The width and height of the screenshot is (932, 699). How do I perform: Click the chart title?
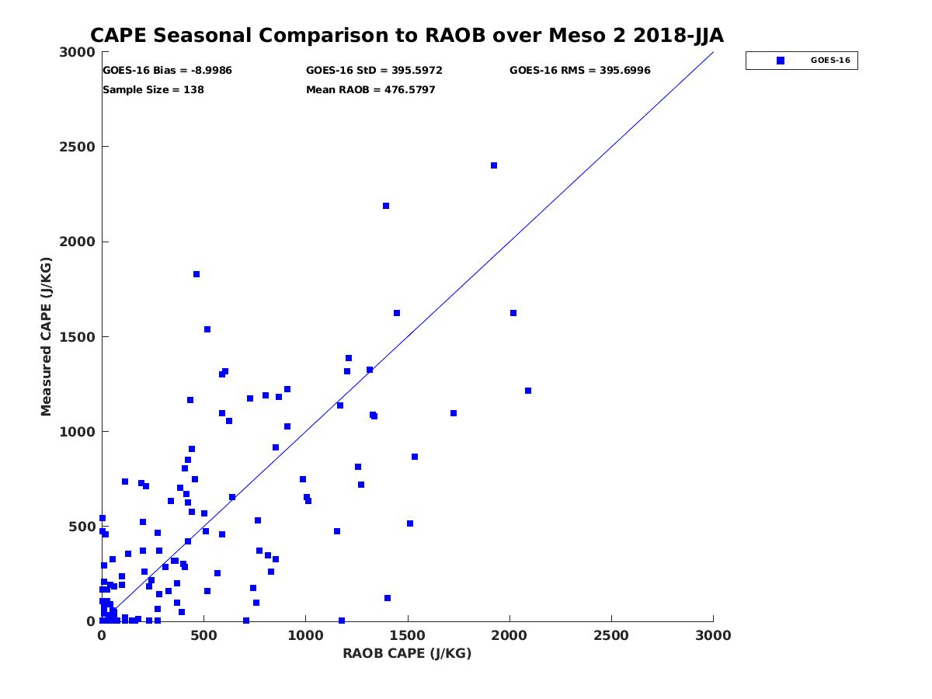pyautogui.click(x=407, y=36)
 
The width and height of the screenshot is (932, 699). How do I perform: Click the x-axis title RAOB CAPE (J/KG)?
pyautogui.click(x=407, y=653)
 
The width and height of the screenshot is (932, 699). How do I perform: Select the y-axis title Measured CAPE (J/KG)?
pyautogui.click(x=47, y=337)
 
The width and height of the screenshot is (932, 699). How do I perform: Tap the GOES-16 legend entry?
pyautogui.click(x=802, y=61)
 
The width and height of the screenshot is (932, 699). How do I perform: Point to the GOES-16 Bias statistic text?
pyautogui.click(x=167, y=71)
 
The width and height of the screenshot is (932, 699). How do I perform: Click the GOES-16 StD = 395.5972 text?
pyautogui.click(x=374, y=71)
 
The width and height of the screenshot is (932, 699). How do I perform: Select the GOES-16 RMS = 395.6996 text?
pyautogui.click(x=579, y=71)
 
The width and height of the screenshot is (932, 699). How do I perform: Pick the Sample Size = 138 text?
pyautogui.click(x=153, y=90)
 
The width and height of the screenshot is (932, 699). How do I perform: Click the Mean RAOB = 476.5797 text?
pyautogui.click(x=370, y=90)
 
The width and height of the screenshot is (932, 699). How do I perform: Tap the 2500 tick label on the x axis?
pyautogui.click(x=611, y=635)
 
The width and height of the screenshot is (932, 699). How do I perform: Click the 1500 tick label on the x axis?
pyautogui.click(x=408, y=635)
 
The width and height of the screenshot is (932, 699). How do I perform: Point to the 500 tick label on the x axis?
pyautogui.click(x=203, y=635)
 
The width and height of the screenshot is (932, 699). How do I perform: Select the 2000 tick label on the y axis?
pyautogui.click(x=77, y=242)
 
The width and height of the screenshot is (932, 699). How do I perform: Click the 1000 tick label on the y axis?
pyautogui.click(x=77, y=432)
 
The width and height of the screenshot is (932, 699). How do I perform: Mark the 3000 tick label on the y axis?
pyautogui.click(x=77, y=52)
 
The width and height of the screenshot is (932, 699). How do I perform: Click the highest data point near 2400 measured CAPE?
pyautogui.click(x=494, y=165)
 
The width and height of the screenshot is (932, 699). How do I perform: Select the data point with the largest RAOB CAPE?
pyautogui.click(x=528, y=391)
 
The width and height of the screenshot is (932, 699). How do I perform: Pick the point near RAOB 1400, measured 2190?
pyautogui.click(x=386, y=206)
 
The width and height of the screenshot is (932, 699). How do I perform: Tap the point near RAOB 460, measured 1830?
pyautogui.click(x=196, y=274)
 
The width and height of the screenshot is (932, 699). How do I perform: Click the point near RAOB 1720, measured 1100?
pyautogui.click(x=454, y=413)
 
